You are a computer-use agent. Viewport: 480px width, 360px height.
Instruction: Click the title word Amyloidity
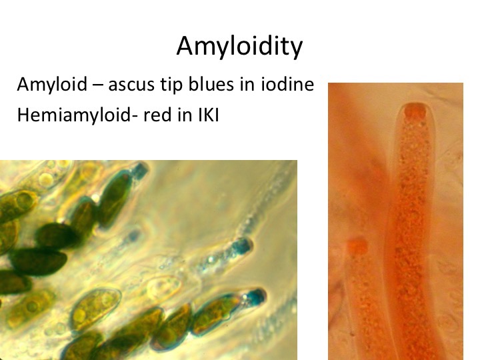(239, 46)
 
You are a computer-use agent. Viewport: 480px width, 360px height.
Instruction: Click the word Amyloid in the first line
(52, 84)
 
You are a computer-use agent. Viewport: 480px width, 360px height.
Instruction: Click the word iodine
(287, 84)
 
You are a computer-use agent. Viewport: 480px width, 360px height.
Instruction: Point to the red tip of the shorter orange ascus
(357, 246)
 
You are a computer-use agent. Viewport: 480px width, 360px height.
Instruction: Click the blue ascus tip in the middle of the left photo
(243, 246)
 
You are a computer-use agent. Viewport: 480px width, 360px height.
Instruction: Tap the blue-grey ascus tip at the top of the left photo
(141, 170)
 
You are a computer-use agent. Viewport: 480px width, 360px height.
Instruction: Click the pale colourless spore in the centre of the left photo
(165, 288)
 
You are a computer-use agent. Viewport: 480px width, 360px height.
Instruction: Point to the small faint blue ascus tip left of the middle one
(133, 236)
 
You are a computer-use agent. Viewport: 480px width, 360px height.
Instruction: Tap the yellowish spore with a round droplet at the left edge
(19, 205)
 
